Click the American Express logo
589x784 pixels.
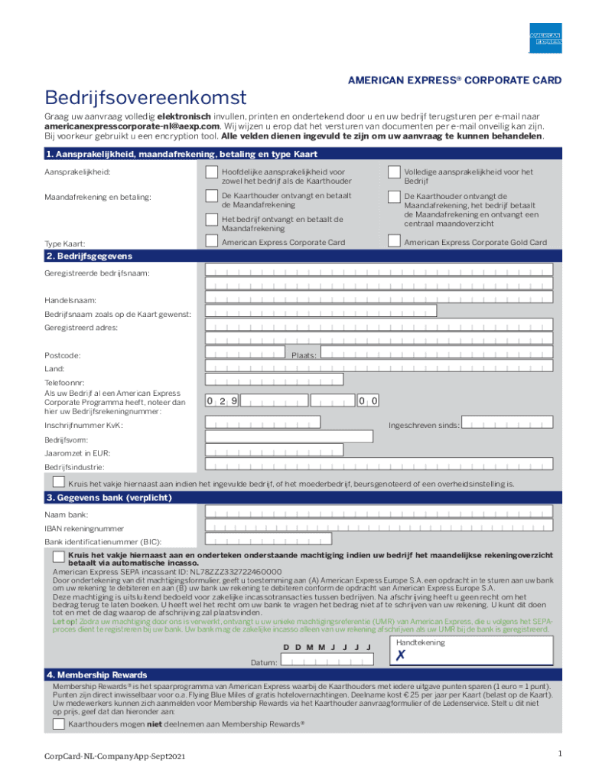tap(546, 38)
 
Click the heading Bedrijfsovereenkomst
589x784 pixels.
tap(145, 98)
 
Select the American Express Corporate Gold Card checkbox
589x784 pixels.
tap(394, 241)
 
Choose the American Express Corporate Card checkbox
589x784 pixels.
tap(212, 241)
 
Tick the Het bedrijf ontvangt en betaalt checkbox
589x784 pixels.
tap(212, 220)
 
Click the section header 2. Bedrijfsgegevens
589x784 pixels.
tap(89, 256)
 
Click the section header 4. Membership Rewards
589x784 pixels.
tap(96, 675)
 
